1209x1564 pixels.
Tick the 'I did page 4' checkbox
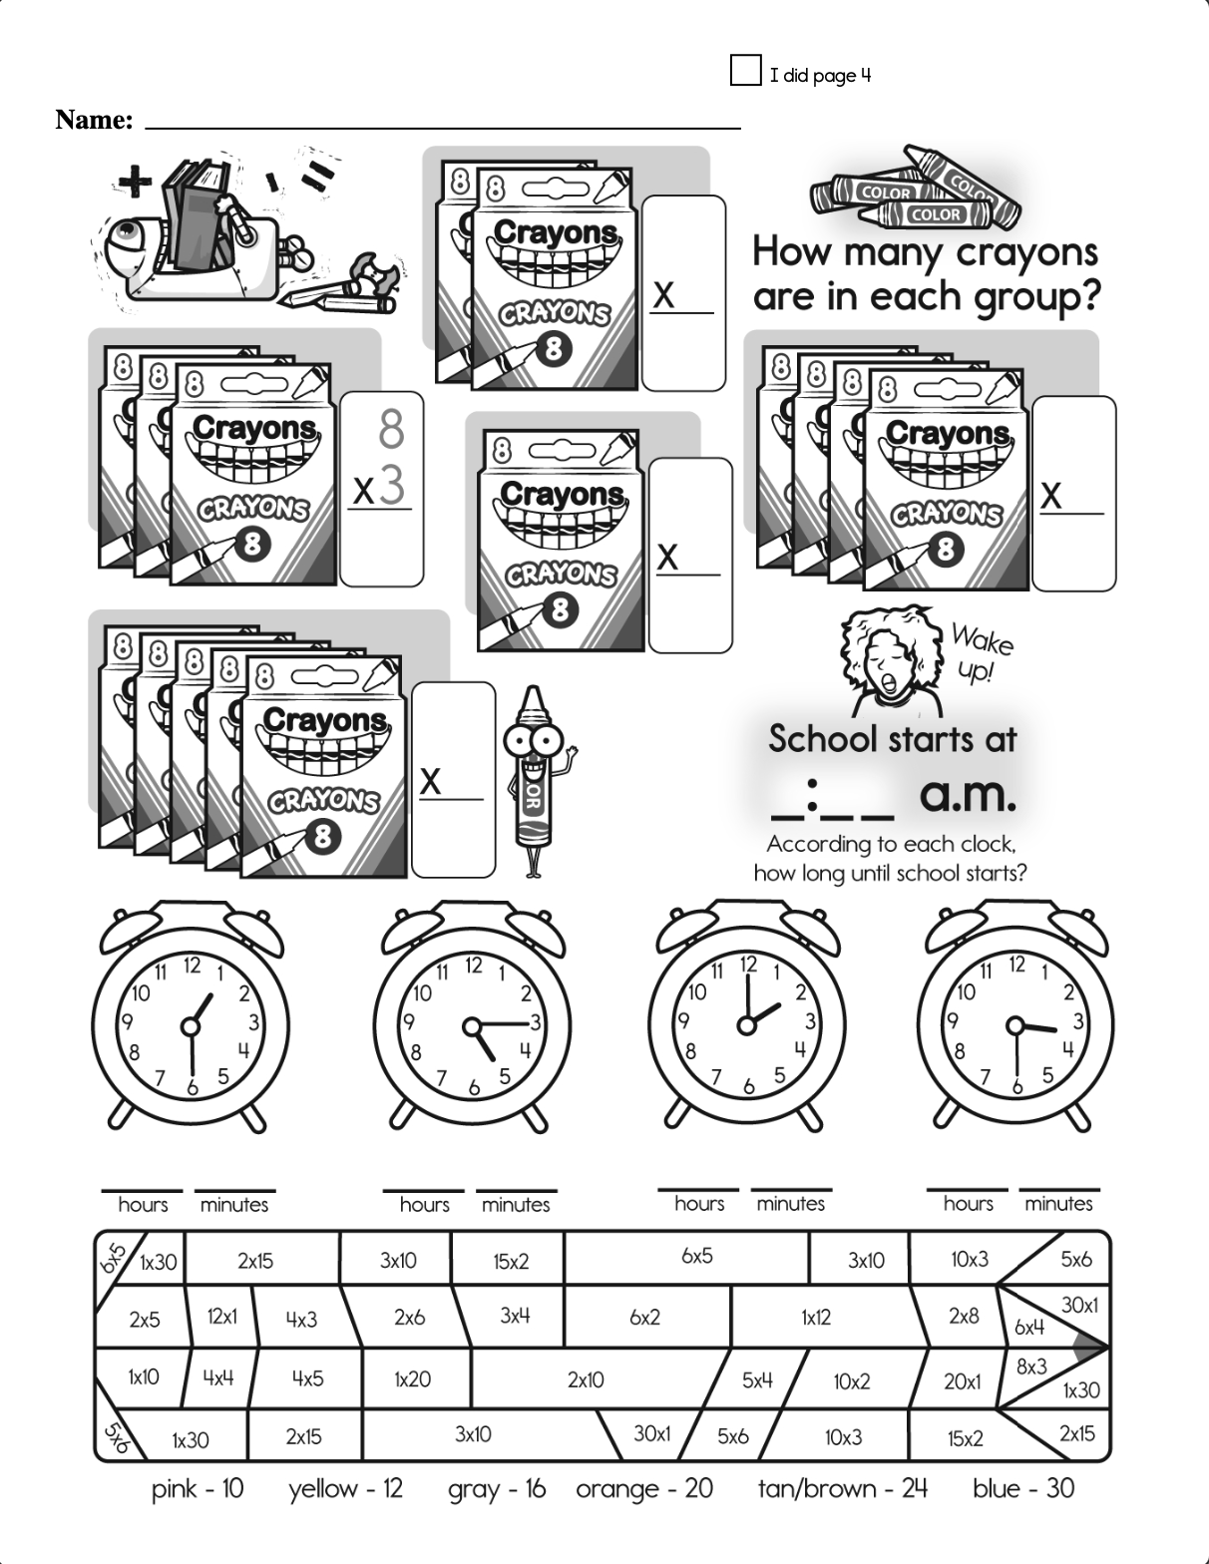pos(745,71)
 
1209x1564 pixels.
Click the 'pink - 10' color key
pos(197,1489)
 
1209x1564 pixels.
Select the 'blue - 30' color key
pos(1022,1488)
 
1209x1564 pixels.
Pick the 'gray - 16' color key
pos(497,1489)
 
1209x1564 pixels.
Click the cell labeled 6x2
pos(644,1318)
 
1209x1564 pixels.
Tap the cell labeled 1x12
pos(815,1318)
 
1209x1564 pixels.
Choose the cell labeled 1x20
pos(412,1379)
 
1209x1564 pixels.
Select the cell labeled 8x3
pos(1030,1368)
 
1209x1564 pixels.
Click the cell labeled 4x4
pos(218,1377)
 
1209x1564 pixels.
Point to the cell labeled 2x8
pos(964,1316)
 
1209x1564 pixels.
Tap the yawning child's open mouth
pos(886,680)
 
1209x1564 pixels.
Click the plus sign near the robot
pos(135,182)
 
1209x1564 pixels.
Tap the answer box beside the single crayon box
pos(690,555)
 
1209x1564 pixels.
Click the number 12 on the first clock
pos(191,965)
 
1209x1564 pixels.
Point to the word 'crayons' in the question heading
pos(1027,252)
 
